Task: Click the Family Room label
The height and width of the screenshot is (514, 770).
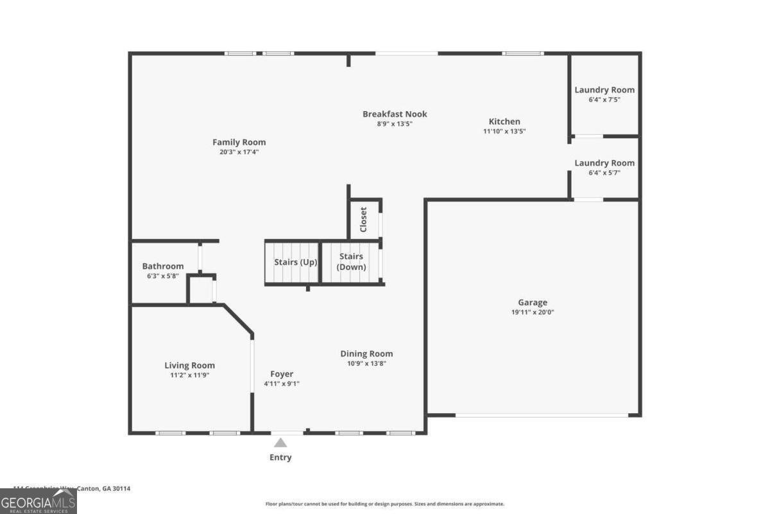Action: point(239,142)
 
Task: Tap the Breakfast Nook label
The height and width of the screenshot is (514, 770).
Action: point(395,114)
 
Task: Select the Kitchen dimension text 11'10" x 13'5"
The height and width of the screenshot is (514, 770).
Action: point(504,131)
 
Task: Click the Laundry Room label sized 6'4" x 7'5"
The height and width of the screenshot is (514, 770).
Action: point(604,90)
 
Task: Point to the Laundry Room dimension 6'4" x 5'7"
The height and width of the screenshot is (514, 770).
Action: point(604,173)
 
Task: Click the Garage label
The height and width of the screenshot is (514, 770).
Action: point(533,302)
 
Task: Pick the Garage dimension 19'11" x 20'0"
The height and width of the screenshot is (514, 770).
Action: point(533,312)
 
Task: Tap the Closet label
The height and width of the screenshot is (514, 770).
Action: point(363,219)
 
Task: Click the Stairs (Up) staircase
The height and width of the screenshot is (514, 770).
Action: point(293,262)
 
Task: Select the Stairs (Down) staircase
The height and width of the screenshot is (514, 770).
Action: point(351,262)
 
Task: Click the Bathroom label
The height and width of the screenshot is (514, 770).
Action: point(163,266)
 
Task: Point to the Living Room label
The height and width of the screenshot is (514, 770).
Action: point(189,365)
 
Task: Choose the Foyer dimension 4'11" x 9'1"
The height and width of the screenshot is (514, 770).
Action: point(282,384)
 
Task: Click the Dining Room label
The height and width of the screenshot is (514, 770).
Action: point(366,353)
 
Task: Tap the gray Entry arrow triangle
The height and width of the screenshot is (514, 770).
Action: point(280,443)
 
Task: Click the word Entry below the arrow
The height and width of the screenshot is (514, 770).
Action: point(280,457)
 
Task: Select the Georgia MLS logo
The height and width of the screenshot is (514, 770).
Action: point(38,501)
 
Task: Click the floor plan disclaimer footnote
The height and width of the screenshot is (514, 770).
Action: point(385,504)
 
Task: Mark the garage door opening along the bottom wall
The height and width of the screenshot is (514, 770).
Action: point(542,415)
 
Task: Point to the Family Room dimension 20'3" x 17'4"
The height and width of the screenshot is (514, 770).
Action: point(239,152)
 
